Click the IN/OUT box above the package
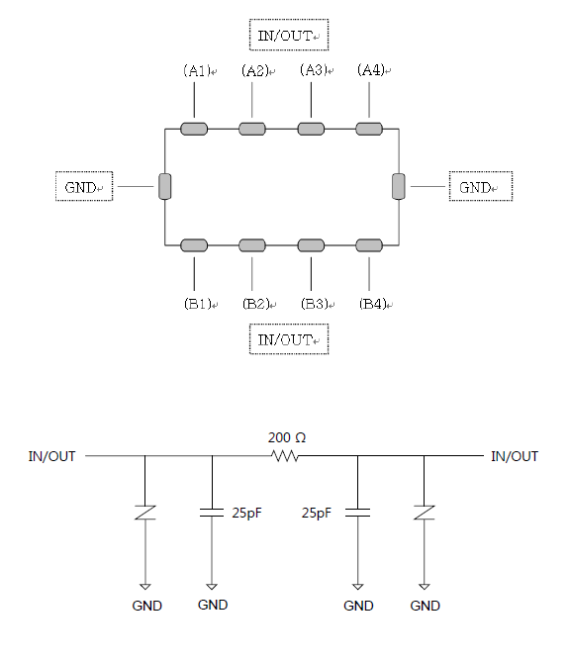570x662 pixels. point(289,35)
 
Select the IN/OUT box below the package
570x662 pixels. point(289,339)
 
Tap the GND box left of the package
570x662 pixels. point(84,187)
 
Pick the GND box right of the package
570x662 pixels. point(481,187)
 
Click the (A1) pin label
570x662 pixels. point(197,70)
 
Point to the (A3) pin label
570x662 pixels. point(314,69)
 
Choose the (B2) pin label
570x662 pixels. point(256,304)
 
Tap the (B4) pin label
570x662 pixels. point(373,304)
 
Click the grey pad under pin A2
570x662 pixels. point(252,129)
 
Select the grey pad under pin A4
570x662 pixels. point(369,129)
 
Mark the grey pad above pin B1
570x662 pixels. point(194,245)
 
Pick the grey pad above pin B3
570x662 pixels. point(311,245)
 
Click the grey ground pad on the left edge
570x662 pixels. point(164,186)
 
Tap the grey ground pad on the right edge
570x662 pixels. point(399,186)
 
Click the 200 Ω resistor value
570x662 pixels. point(287,437)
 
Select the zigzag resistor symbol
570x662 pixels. point(285,456)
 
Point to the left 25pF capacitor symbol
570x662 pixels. point(212,513)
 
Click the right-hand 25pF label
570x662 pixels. point(317,513)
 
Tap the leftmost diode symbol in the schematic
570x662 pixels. point(144,513)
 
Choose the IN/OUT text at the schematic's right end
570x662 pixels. point(515,456)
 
